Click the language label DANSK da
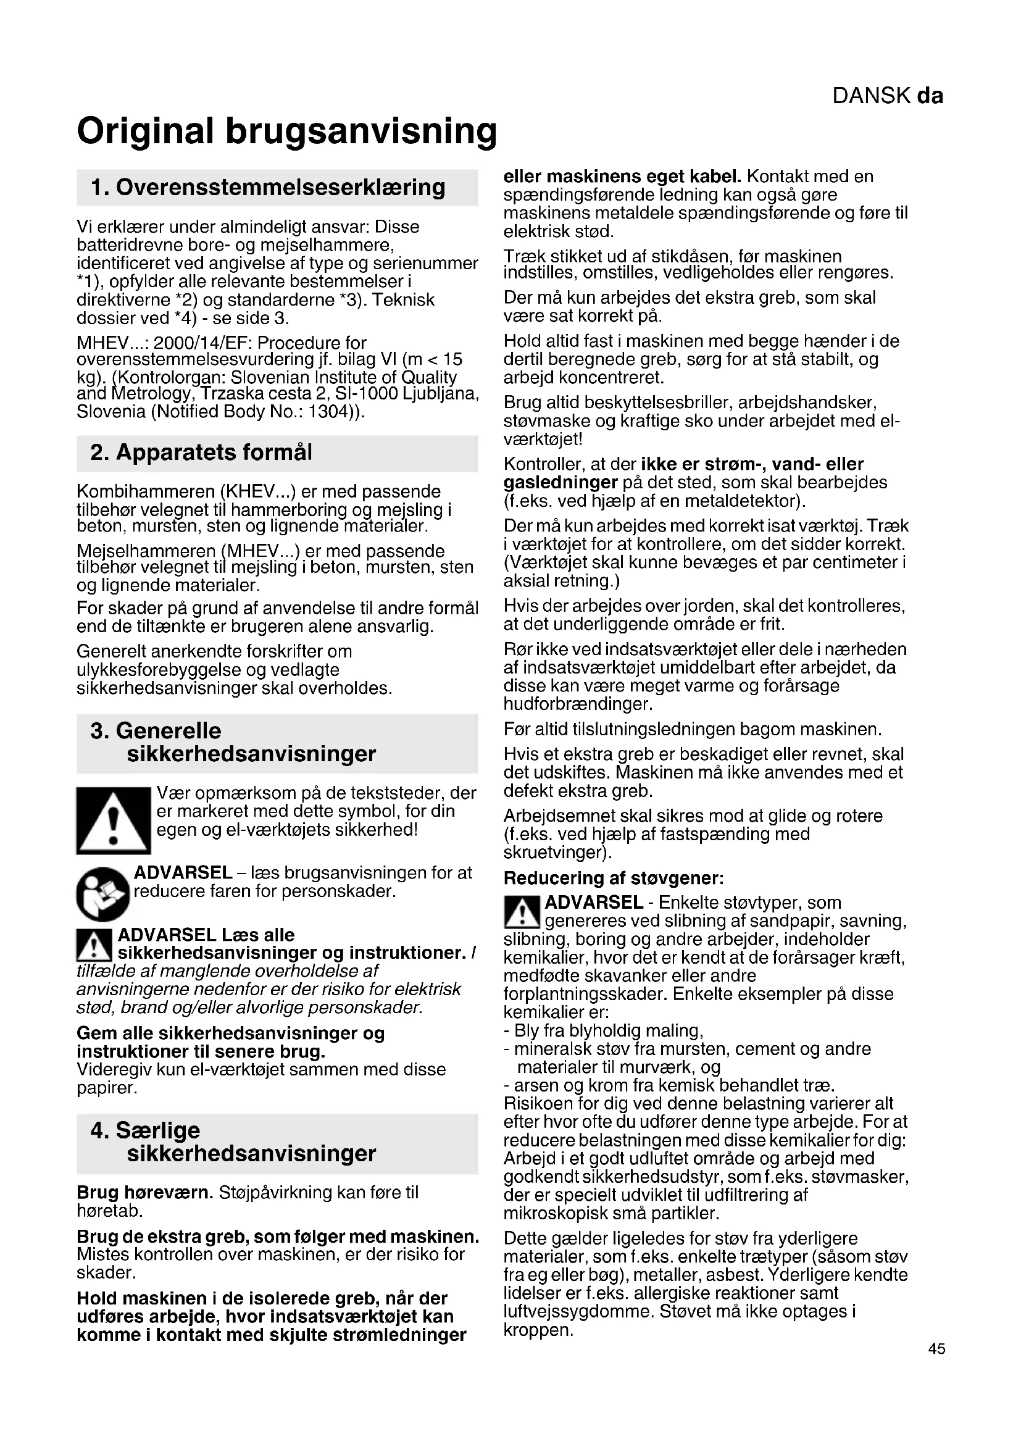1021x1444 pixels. pos(887,96)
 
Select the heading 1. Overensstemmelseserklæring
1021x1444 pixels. pos(268,187)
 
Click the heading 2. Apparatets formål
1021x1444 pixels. pos(201,452)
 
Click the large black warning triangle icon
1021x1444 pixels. pos(114,820)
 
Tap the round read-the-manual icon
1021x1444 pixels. pos(102,894)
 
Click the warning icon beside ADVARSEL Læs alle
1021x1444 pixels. pos(94,945)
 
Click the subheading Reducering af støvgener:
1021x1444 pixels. pos(614,877)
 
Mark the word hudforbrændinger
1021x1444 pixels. pos(578,703)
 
